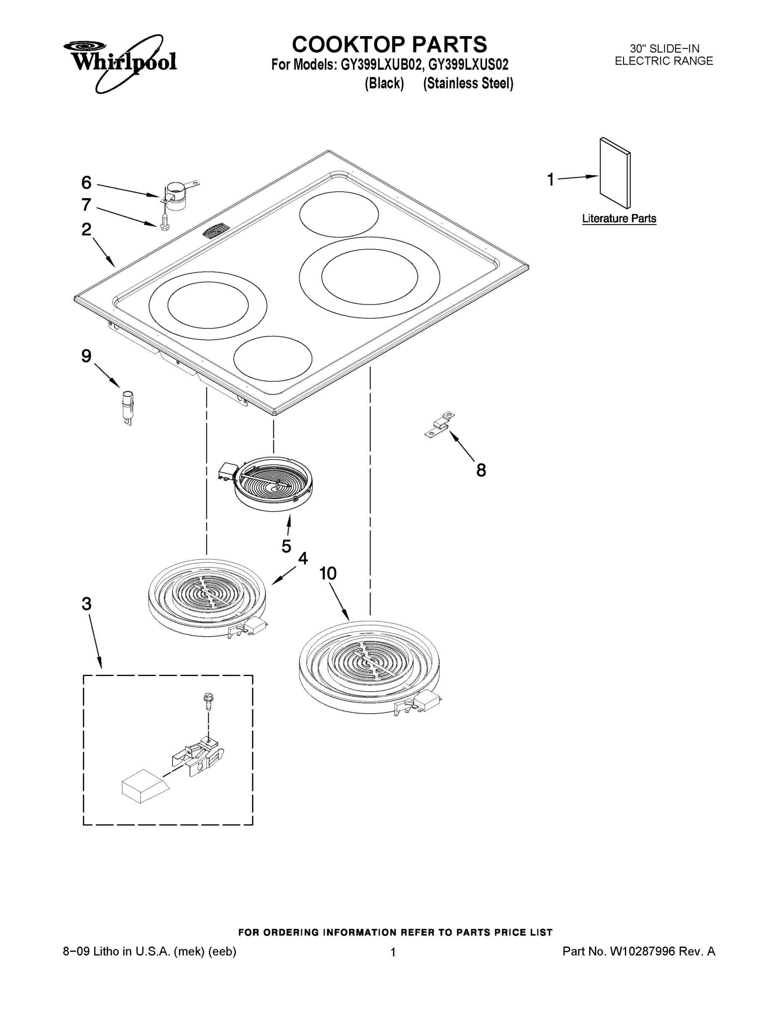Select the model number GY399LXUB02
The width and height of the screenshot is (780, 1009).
click(x=381, y=65)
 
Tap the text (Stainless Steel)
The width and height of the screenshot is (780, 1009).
click(x=468, y=84)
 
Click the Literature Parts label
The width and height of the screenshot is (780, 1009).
click(x=619, y=219)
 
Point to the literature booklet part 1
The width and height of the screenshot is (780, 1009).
click(x=615, y=173)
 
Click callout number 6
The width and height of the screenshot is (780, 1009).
click(x=87, y=183)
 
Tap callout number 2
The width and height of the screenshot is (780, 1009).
click(x=87, y=229)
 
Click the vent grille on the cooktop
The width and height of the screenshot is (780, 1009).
click(x=216, y=230)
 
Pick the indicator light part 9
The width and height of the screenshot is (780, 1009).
click(x=127, y=406)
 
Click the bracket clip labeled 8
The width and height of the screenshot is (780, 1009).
click(x=440, y=425)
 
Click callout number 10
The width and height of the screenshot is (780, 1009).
click(x=328, y=573)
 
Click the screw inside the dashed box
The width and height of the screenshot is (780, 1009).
click(x=208, y=702)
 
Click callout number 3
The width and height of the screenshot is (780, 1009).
click(x=87, y=604)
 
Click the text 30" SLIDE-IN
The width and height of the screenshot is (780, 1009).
click(x=664, y=49)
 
